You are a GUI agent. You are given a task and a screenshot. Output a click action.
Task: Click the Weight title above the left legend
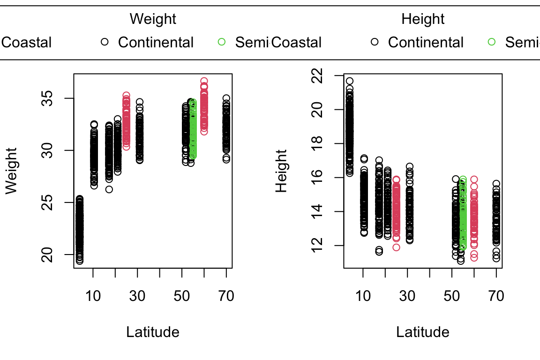(x=153, y=19)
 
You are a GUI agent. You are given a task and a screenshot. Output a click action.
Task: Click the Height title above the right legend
(x=423, y=19)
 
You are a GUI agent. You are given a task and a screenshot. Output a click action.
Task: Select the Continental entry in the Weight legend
(x=156, y=43)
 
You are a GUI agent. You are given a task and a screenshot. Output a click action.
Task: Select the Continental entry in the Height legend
(x=426, y=43)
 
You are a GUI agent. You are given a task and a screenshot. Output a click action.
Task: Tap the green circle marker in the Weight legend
(x=222, y=42)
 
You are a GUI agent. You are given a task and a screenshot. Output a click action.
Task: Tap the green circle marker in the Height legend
(x=492, y=42)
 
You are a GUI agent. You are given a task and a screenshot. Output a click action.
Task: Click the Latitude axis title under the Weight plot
(x=153, y=332)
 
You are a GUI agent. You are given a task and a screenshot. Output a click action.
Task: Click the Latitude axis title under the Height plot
(x=423, y=332)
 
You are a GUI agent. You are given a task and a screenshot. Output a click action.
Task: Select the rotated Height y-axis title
(x=281, y=171)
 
